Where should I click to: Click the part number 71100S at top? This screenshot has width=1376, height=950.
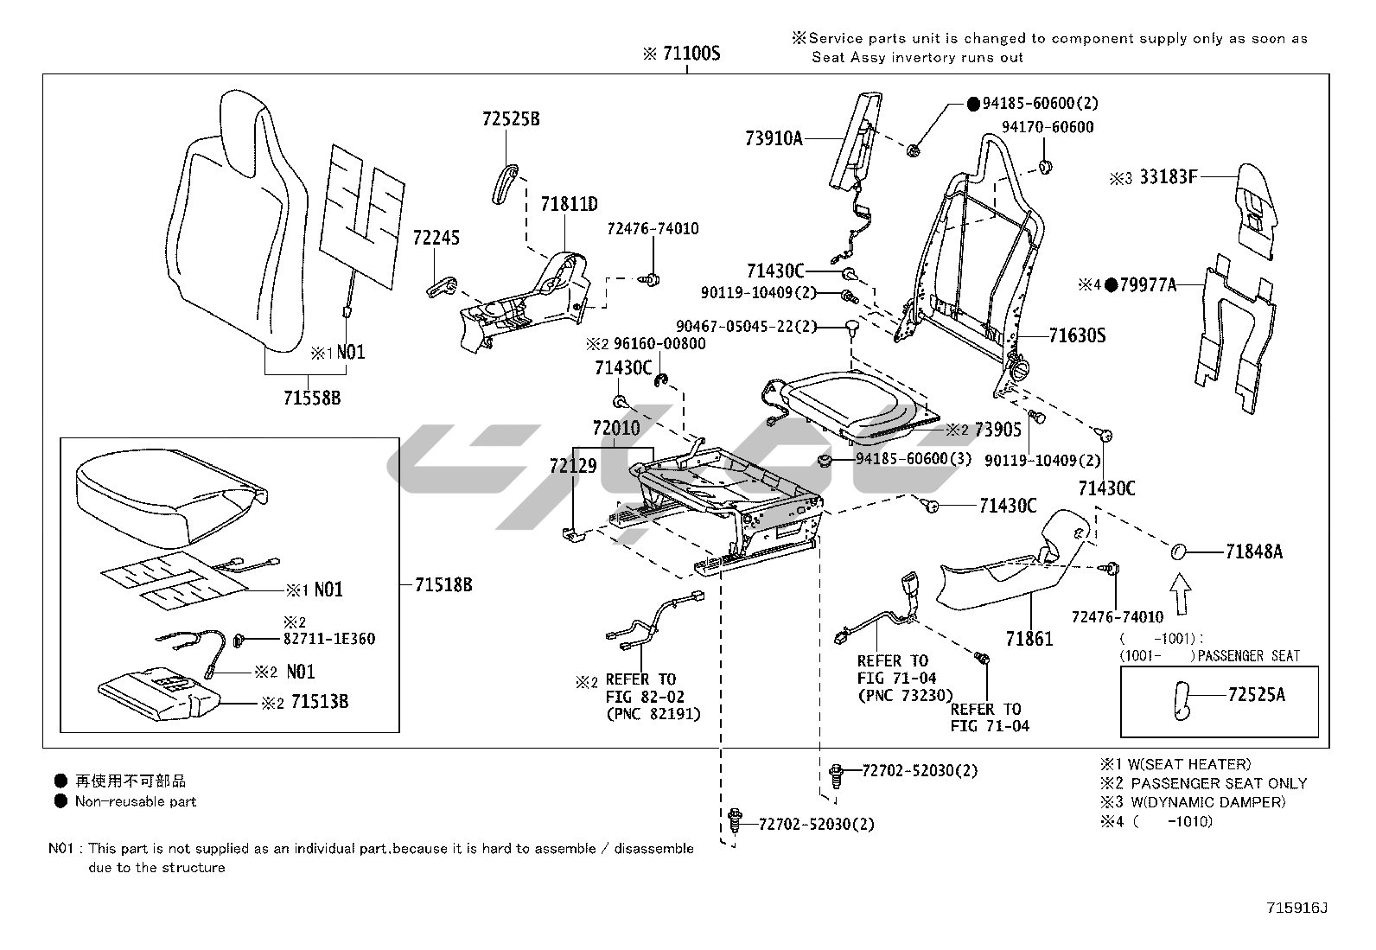click(691, 54)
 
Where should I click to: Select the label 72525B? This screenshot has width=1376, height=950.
click(511, 119)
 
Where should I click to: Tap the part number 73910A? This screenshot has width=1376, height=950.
click(774, 137)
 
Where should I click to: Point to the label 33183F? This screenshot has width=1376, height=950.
click(1168, 177)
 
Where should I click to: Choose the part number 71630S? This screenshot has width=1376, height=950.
click(1077, 335)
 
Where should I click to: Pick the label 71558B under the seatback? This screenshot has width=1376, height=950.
click(312, 398)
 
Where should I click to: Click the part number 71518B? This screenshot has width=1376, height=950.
click(443, 585)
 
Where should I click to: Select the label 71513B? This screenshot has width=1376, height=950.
click(319, 701)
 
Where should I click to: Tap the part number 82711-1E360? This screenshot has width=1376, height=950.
click(329, 639)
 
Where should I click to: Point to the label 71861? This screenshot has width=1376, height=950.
click(1029, 639)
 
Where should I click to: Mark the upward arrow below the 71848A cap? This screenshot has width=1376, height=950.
click(1181, 596)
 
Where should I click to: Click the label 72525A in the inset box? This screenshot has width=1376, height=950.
click(1256, 694)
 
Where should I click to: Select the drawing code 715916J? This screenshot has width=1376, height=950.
click(1296, 908)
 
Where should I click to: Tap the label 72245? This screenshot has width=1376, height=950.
click(436, 238)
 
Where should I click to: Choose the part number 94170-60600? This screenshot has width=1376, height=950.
click(1048, 127)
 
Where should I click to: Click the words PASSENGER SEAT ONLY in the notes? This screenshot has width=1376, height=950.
click(1219, 783)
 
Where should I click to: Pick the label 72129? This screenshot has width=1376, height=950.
click(572, 466)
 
